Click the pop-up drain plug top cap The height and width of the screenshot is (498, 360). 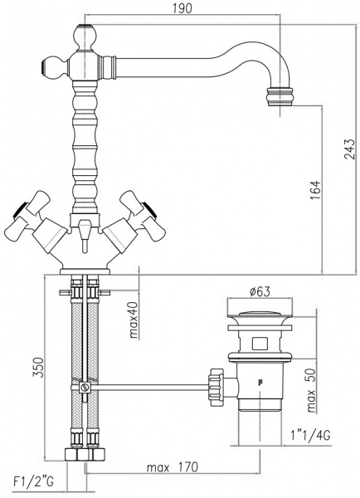(x=260, y=314)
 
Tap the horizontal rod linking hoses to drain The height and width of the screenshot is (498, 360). (x=149, y=386)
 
